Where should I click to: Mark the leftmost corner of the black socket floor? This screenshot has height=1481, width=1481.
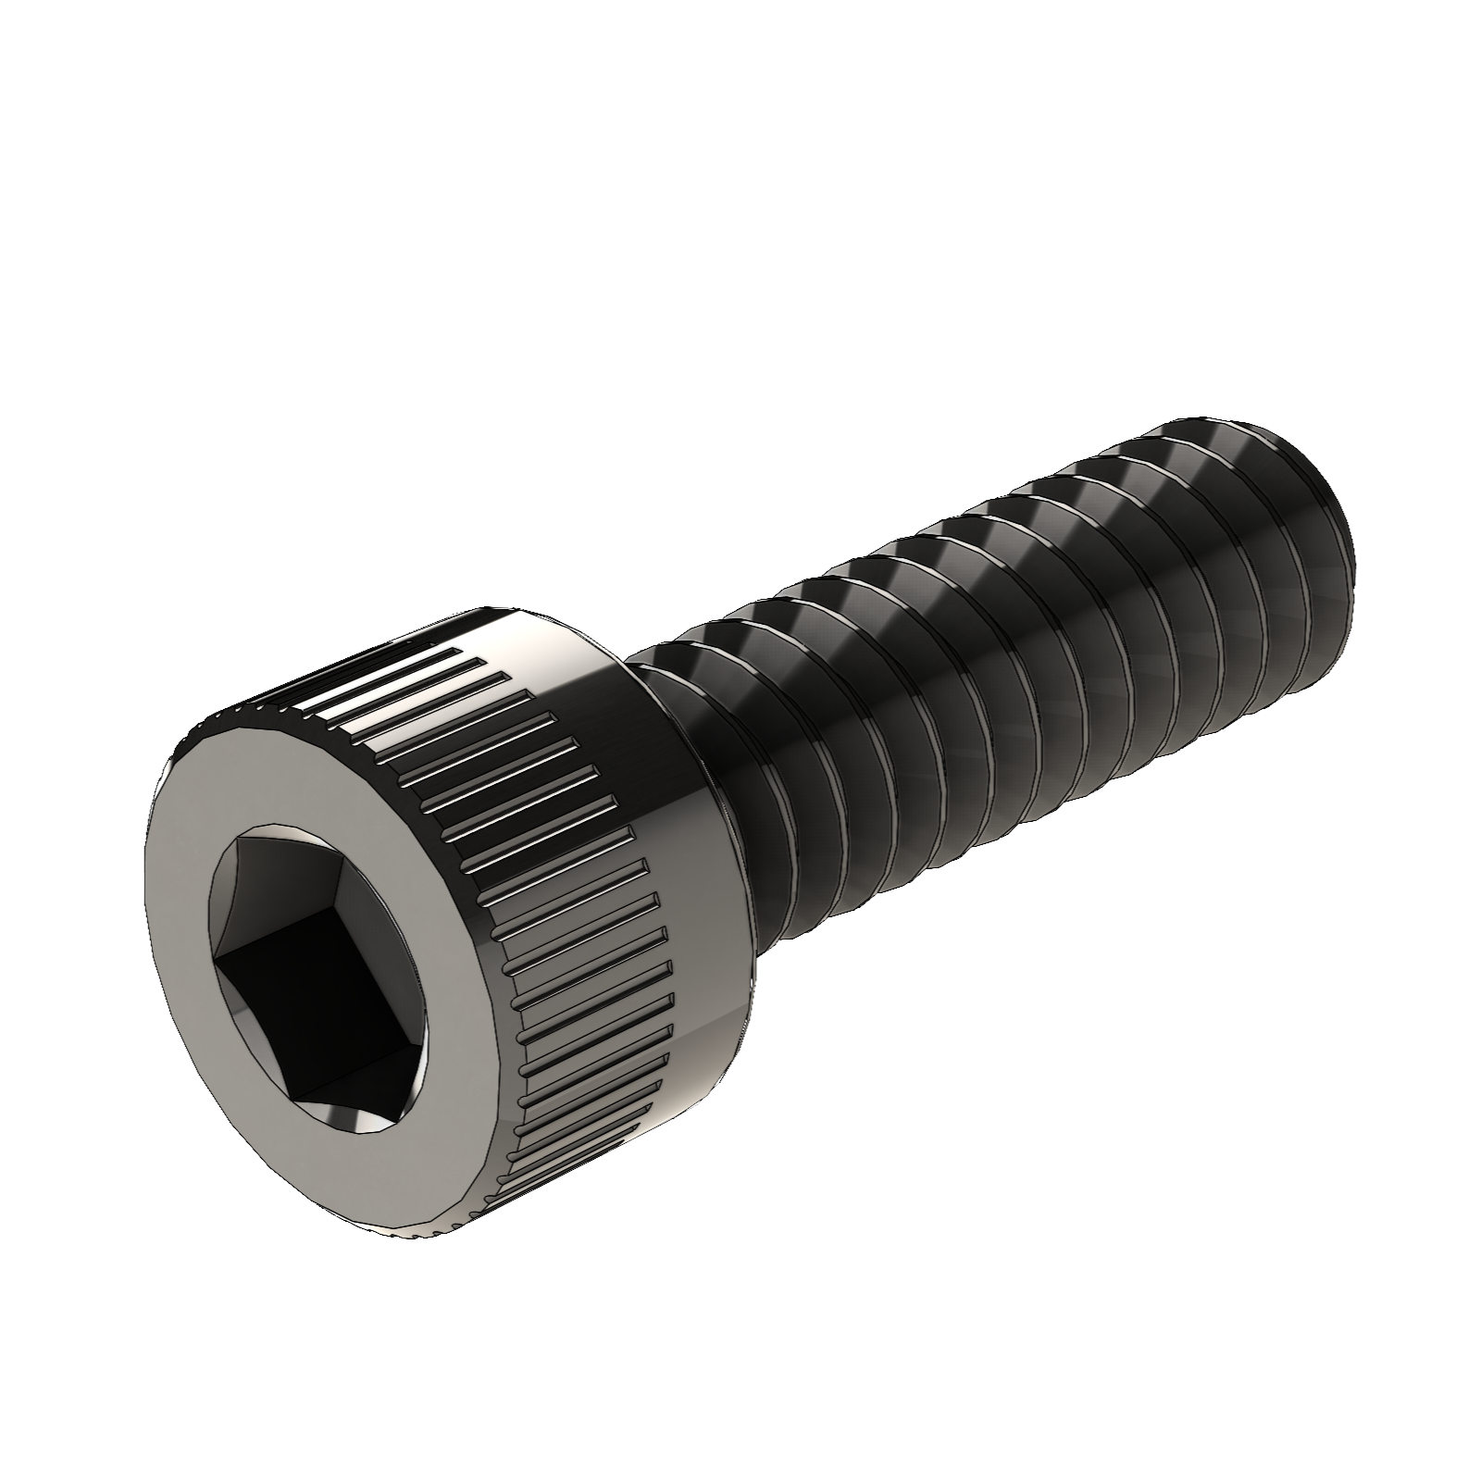pos(215,963)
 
